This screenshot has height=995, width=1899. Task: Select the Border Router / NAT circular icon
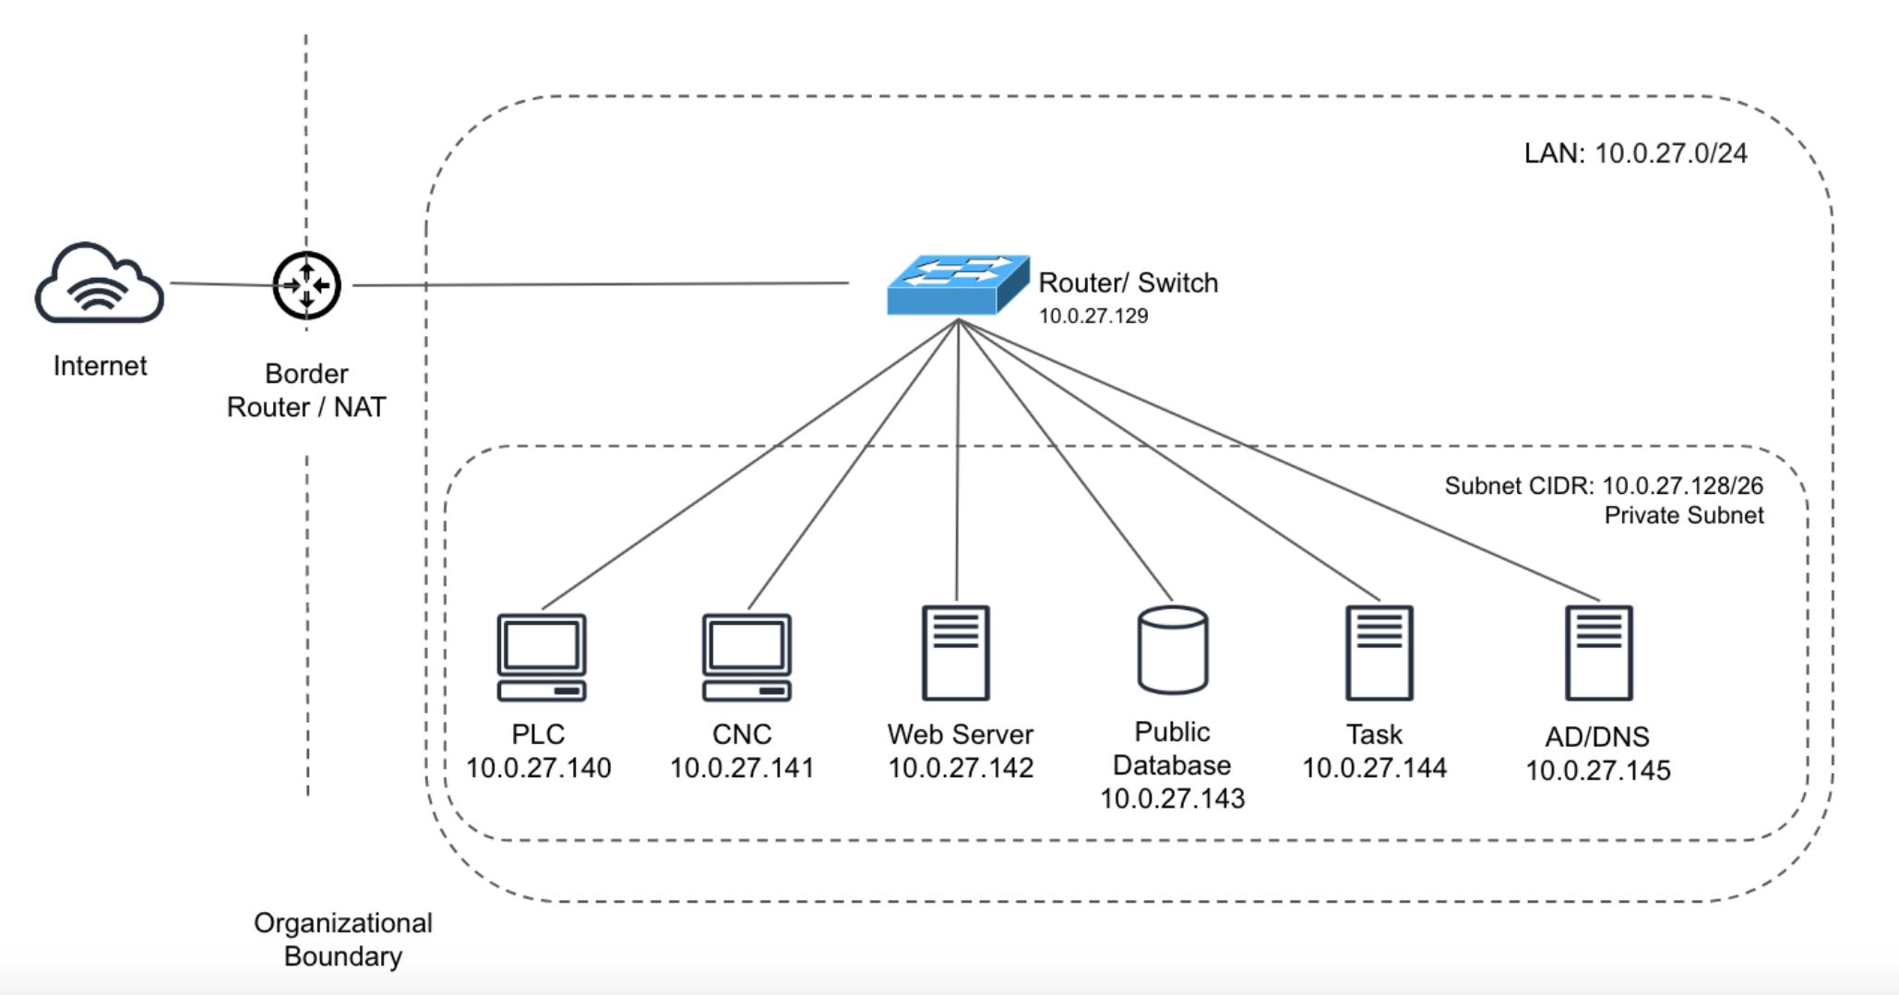coord(306,285)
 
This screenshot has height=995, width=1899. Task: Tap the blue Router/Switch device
coord(957,285)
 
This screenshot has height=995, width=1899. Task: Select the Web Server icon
coord(956,653)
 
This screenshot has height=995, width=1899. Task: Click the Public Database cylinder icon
coord(1172,650)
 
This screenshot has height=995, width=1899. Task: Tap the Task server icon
coord(1379,653)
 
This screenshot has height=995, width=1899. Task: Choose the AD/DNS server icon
coord(1599,653)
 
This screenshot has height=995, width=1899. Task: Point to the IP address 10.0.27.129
coord(1093,317)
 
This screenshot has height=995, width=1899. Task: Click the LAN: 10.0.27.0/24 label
coord(1635,153)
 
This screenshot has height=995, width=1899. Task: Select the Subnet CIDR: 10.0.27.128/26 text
coord(1604,486)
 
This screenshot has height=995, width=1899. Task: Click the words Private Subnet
coord(1683,516)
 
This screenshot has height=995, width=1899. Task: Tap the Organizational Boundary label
coord(343,940)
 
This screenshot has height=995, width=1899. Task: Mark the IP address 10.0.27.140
coord(538,768)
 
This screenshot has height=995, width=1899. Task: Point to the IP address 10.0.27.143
coord(1172,798)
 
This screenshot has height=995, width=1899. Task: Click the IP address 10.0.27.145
coord(1597,771)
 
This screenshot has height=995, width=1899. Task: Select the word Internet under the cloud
coord(100,366)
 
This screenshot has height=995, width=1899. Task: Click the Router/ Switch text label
coord(1128,283)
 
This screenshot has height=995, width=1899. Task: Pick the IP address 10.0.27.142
coord(960,768)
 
